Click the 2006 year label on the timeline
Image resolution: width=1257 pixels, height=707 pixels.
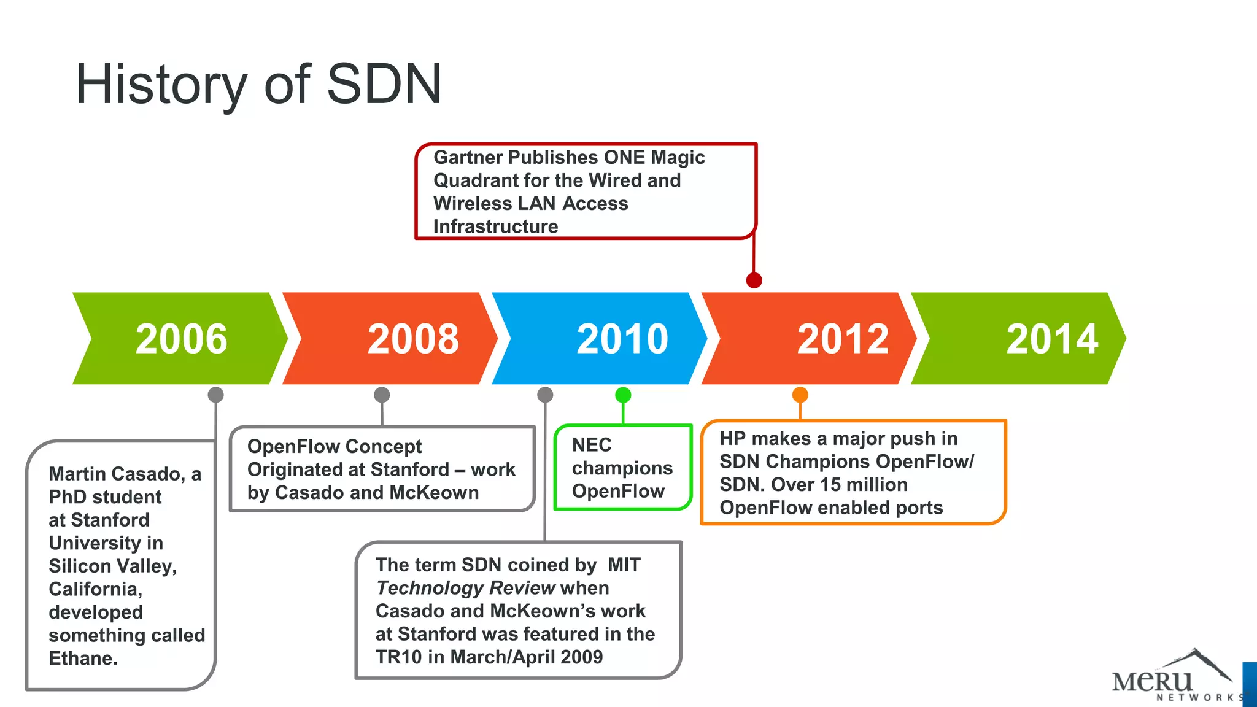pyautogui.click(x=181, y=339)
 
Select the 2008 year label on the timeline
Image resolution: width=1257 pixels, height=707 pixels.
pyautogui.click(x=413, y=339)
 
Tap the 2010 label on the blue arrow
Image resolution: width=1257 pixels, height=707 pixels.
pyautogui.click(x=622, y=339)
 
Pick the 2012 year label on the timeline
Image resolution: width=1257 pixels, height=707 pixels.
pyautogui.click(x=843, y=339)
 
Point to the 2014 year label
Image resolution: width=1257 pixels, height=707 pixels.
pyautogui.click(x=1052, y=339)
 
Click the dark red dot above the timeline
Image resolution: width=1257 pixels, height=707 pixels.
pyautogui.click(x=754, y=280)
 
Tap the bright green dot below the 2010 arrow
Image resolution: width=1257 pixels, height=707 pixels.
pyautogui.click(x=623, y=395)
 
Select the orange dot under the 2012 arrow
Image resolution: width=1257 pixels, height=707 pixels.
pyautogui.click(x=800, y=395)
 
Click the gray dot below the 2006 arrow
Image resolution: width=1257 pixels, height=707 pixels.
pyautogui.click(x=215, y=395)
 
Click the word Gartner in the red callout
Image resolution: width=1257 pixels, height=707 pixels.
pyautogui.click(x=468, y=158)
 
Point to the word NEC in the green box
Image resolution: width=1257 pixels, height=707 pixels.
pyautogui.click(x=592, y=445)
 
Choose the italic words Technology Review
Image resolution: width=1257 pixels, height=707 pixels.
pyautogui.click(x=466, y=588)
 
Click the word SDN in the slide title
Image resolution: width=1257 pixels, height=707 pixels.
pyautogui.click(x=384, y=84)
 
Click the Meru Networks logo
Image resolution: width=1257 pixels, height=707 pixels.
pyautogui.click(x=1172, y=678)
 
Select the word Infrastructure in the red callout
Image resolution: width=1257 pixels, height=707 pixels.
pyautogui.click(x=495, y=227)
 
